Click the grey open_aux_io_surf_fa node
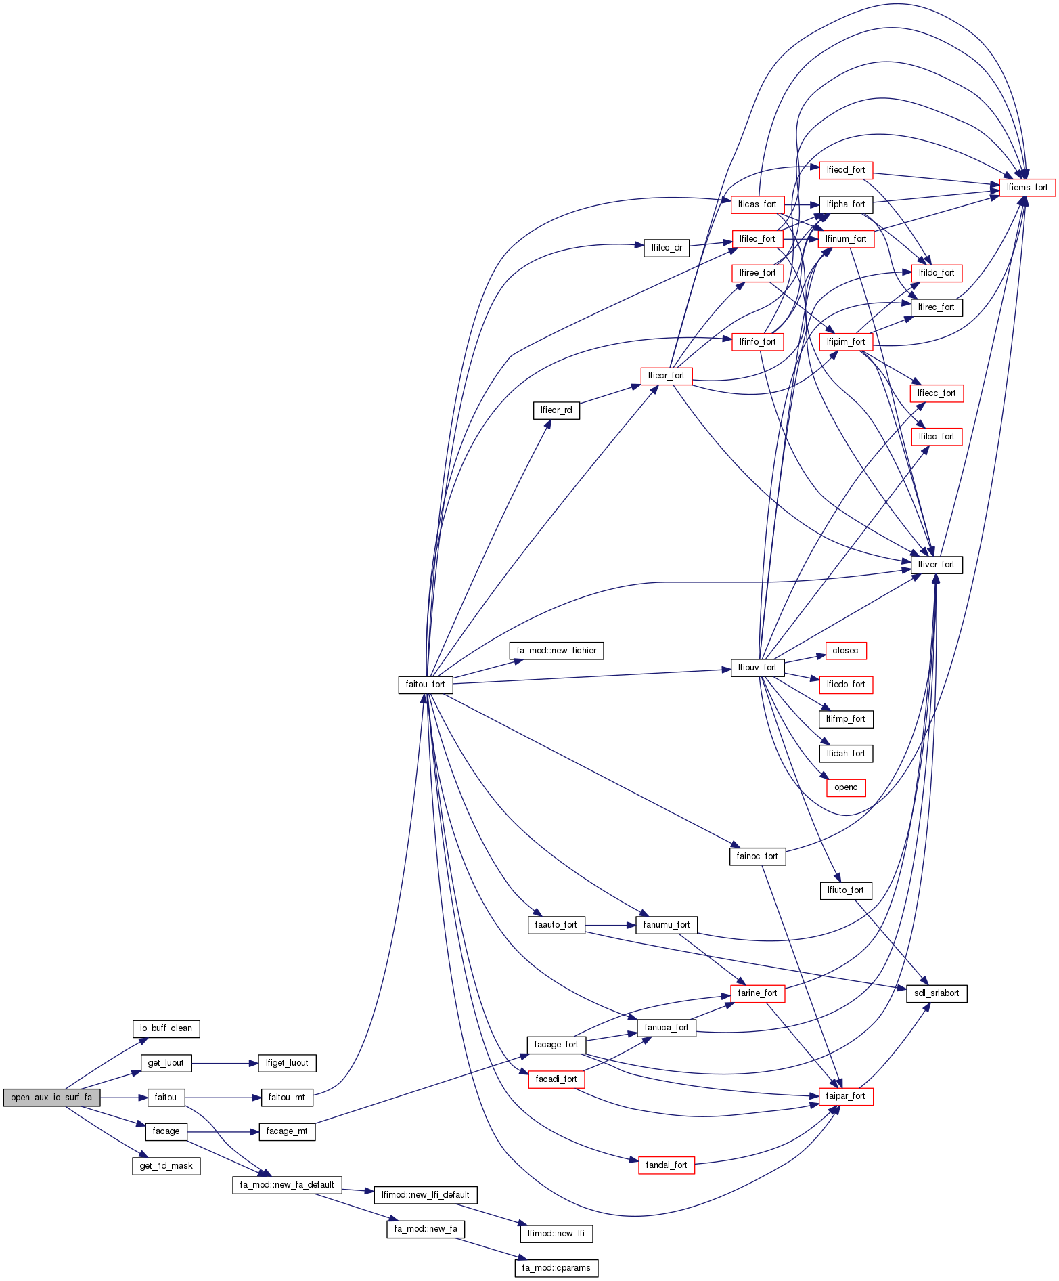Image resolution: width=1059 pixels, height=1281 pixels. (x=51, y=1098)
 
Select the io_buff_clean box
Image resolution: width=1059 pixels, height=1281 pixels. (x=166, y=1028)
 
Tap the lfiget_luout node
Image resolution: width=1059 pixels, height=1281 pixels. (x=287, y=1063)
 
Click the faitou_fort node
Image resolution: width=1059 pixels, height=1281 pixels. (x=425, y=685)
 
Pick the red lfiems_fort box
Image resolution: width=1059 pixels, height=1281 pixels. (x=1027, y=188)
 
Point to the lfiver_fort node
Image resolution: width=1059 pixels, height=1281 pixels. (x=936, y=565)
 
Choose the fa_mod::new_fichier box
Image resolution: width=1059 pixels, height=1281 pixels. (x=556, y=651)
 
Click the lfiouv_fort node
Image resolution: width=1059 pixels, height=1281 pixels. (x=757, y=668)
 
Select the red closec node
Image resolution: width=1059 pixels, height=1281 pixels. (x=845, y=651)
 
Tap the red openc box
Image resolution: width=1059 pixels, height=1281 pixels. (x=846, y=787)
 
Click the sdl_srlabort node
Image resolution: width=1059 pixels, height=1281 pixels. (x=937, y=993)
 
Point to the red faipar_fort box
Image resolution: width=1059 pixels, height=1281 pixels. (x=846, y=1096)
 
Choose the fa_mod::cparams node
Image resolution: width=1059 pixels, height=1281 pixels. (x=556, y=1268)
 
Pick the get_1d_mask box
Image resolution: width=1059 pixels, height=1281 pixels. (x=166, y=1166)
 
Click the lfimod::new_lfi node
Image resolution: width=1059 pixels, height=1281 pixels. (x=556, y=1234)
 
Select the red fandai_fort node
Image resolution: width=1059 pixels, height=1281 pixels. (x=667, y=1165)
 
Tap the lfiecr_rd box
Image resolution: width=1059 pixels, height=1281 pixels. (x=556, y=410)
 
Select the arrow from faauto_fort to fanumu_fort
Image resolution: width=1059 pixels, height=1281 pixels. (x=610, y=925)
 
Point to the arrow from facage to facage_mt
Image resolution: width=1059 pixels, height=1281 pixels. (x=223, y=1131)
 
